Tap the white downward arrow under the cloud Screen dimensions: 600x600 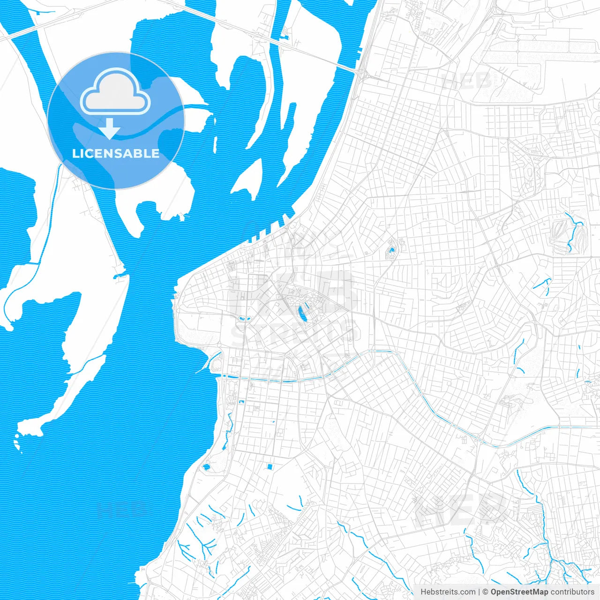[x=110, y=129]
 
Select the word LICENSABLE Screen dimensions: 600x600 [x=116, y=153]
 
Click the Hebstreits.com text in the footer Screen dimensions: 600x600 [x=448, y=592]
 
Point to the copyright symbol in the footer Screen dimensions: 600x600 [x=486, y=592]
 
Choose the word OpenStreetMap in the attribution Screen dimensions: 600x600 [x=519, y=592]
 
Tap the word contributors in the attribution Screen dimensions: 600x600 [x=572, y=592]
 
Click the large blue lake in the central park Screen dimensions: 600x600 [x=302, y=313]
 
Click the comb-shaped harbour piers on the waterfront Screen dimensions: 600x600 [x=270, y=230]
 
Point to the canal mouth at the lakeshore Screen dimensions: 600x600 [x=220, y=375]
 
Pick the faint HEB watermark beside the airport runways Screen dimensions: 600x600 [x=466, y=81]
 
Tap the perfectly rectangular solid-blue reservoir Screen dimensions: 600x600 [x=270, y=466]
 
